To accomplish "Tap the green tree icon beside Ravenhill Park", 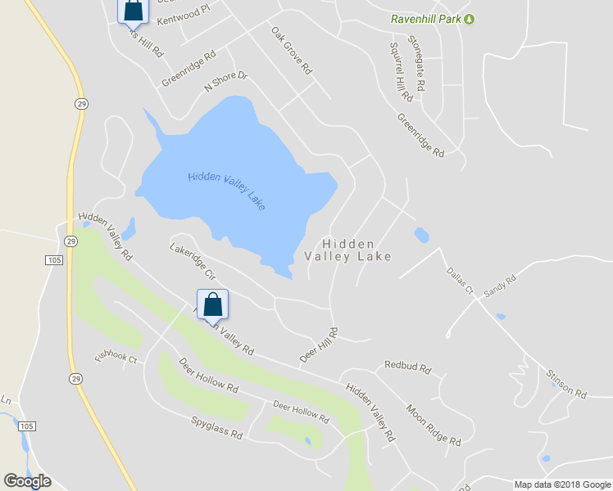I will tap(469, 18).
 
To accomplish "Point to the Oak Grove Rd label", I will tap(292, 50).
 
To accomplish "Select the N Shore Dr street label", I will tap(225, 83).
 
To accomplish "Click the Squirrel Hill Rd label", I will tap(401, 72).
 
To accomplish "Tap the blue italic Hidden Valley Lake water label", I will tap(226, 190).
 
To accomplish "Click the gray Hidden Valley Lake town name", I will tap(348, 250).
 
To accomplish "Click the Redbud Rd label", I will tap(407, 368).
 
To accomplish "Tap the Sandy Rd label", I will tap(500, 286).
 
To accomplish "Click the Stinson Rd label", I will tap(567, 383).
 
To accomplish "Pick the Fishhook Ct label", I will tap(116, 356).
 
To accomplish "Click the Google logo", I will tap(27, 481).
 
